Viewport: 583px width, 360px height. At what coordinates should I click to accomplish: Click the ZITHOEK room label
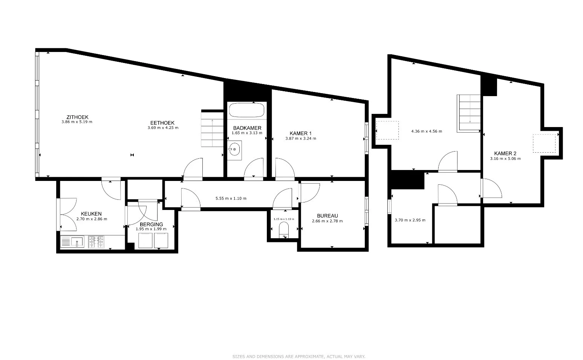click(x=77, y=117)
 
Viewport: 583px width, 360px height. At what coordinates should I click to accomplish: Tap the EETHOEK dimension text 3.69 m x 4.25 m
click(x=163, y=128)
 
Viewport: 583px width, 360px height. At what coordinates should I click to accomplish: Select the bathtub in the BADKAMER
click(x=246, y=110)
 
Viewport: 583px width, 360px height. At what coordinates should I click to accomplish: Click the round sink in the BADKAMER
click(x=234, y=150)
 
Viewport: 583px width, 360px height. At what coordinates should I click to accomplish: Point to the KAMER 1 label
click(x=300, y=133)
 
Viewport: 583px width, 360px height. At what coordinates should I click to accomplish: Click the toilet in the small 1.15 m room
click(x=283, y=230)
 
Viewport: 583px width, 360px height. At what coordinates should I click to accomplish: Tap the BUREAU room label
click(x=327, y=216)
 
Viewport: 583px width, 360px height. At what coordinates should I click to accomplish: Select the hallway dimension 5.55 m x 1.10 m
click(x=231, y=198)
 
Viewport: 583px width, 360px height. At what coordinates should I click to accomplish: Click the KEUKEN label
click(x=91, y=214)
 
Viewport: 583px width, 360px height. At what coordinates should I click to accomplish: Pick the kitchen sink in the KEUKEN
click(x=73, y=242)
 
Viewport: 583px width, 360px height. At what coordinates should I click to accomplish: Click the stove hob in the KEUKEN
click(x=96, y=242)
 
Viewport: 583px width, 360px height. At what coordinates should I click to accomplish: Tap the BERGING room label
click(x=151, y=224)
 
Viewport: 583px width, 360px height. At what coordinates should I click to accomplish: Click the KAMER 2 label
click(x=505, y=153)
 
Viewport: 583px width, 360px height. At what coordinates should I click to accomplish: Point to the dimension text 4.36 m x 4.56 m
click(x=426, y=132)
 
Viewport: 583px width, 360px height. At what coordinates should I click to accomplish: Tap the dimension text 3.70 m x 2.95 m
click(x=410, y=220)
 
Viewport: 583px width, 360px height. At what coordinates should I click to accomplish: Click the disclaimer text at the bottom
click(x=298, y=356)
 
